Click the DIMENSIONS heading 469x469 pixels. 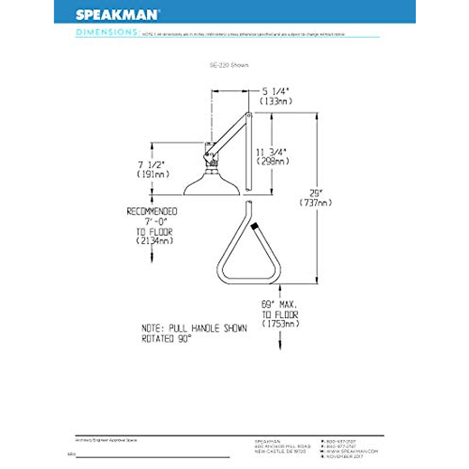click(107, 32)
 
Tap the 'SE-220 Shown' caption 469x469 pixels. click(229, 65)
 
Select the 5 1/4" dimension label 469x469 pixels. click(276, 91)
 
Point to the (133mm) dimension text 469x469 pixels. click(276, 101)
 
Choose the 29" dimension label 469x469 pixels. click(316, 193)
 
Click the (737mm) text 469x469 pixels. click(316, 203)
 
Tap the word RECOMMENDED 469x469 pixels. click(152, 211)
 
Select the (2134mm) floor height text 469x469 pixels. click(154, 241)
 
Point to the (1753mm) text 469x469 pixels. click(281, 324)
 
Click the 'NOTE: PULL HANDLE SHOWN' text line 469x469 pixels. click(194, 328)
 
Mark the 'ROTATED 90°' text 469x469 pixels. click(167, 339)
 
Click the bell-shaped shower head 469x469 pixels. click(211, 186)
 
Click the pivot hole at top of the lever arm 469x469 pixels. click(249, 115)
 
